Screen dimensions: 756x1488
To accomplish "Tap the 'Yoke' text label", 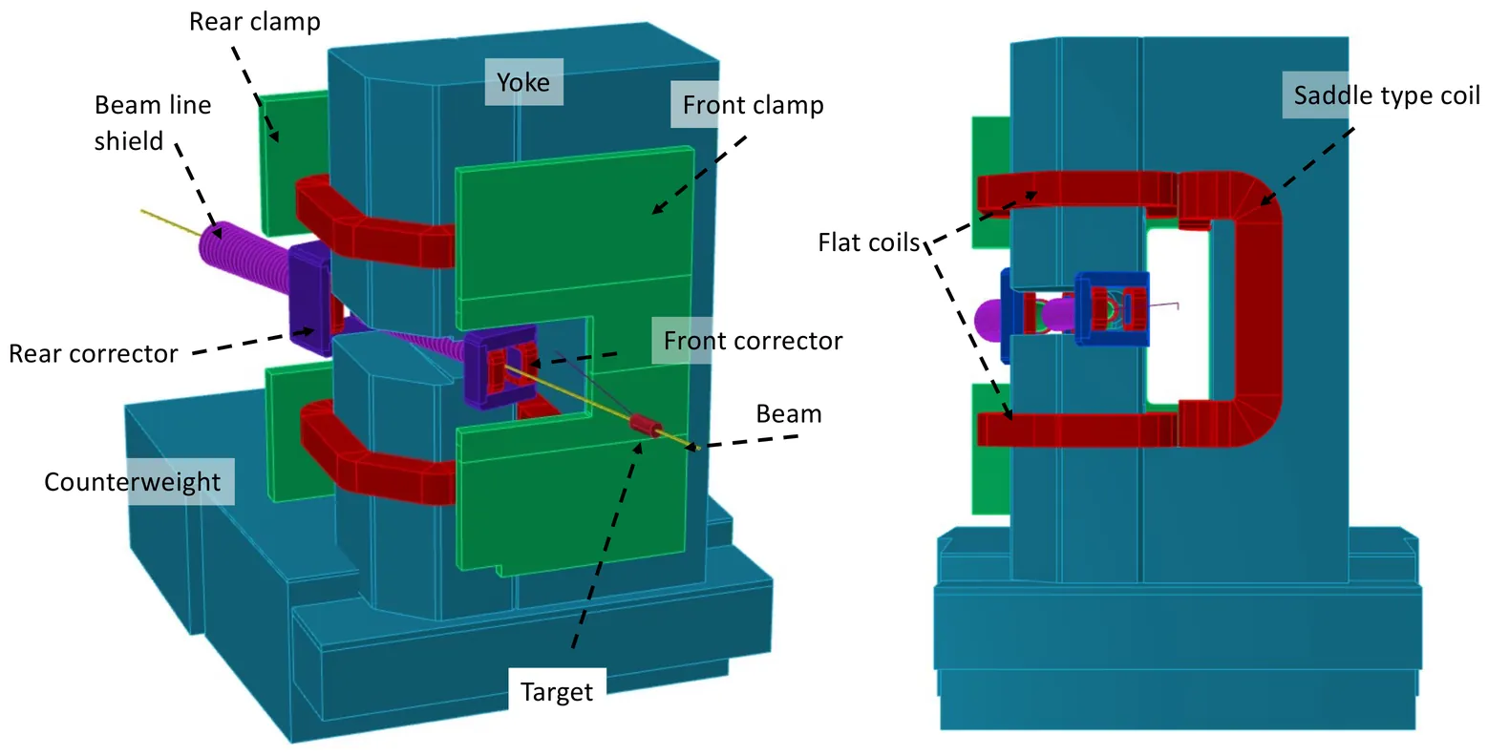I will tap(523, 82).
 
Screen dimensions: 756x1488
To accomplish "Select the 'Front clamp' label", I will tap(754, 104).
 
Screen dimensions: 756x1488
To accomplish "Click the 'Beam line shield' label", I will tap(153, 122).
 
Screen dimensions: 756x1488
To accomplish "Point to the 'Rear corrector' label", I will tap(93, 353).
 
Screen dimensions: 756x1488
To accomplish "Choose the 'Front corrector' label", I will tap(753, 341).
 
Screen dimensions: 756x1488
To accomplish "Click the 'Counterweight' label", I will tap(132, 481).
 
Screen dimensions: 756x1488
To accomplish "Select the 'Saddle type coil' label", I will tap(1387, 95).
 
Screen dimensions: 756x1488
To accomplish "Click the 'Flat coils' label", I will tap(868, 242).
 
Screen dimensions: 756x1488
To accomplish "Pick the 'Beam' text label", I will tap(789, 414).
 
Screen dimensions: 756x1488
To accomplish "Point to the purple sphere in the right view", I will tap(993, 319).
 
